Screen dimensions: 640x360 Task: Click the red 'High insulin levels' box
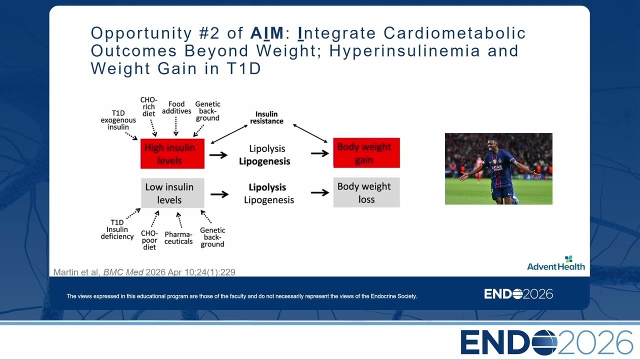pyautogui.click(x=172, y=153)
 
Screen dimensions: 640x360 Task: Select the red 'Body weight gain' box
pyautogui.click(x=366, y=153)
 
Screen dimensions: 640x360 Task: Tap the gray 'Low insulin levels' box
pyautogui.click(x=172, y=193)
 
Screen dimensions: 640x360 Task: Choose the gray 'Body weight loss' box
pyautogui.click(x=366, y=192)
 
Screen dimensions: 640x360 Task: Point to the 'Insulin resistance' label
pyautogui.click(x=266, y=117)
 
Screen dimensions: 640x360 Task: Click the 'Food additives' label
pyautogui.click(x=176, y=107)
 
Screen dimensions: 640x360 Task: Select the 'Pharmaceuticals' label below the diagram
pyautogui.click(x=178, y=237)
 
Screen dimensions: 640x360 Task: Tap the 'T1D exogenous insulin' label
pyautogui.click(x=118, y=120)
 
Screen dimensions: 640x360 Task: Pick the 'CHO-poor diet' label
pyautogui.click(x=149, y=240)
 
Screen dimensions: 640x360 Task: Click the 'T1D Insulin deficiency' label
pyautogui.click(x=117, y=229)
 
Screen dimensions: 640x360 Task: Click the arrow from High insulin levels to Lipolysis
pyautogui.click(x=218, y=155)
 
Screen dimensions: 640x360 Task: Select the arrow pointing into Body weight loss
pyautogui.click(x=320, y=192)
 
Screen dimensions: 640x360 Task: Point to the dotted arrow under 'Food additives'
pyautogui.click(x=175, y=126)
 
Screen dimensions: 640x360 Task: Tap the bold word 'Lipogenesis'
pyautogui.click(x=264, y=161)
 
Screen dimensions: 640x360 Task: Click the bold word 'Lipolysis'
pyautogui.click(x=267, y=187)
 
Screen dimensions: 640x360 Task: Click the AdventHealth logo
pyautogui.click(x=555, y=263)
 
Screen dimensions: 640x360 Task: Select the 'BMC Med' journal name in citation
pyautogui.click(x=123, y=272)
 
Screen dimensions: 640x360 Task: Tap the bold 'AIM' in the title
pyautogui.click(x=267, y=33)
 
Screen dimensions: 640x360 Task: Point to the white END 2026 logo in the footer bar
pyautogui.click(x=518, y=294)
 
